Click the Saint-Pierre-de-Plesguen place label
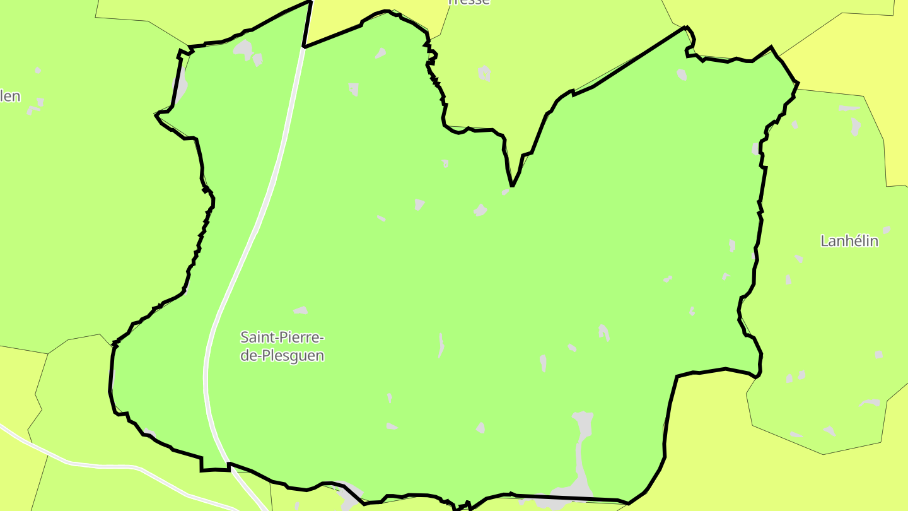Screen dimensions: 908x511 pyautogui.click(x=282, y=346)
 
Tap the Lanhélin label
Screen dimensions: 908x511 pyautogui.click(x=849, y=240)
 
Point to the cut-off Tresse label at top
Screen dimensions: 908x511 pyautogui.click(x=468, y=2)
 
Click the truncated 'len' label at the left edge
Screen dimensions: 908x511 pyautogui.click(x=10, y=97)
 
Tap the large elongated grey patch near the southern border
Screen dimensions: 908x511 pyautogui.click(x=582, y=442)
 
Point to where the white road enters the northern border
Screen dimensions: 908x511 pyautogui.click(x=303, y=48)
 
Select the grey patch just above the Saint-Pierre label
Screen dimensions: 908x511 pyautogui.click(x=300, y=310)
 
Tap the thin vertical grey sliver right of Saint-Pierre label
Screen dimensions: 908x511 pyautogui.click(x=441, y=345)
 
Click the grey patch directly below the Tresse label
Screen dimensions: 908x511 pyautogui.click(x=484, y=73)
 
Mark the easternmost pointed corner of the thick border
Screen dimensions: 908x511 pyautogui.click(x=798, y=83)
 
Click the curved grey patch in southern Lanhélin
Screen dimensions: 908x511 pyautogui.click(x=871, y=402)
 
